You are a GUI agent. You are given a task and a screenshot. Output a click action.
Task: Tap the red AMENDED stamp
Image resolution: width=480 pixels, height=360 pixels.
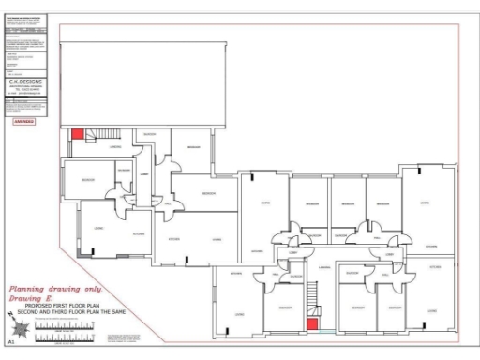tap(24, 120)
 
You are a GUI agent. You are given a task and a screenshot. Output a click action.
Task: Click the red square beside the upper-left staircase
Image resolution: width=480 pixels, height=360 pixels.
tap(78, 135)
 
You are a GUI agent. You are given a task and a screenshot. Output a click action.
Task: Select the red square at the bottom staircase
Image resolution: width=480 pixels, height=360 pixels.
tap(311, 324)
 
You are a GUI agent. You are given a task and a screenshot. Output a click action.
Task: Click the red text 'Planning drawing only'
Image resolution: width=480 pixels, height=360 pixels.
tap(54, 290)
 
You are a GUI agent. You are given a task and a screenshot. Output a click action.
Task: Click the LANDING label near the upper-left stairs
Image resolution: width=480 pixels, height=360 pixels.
tap(116, 147)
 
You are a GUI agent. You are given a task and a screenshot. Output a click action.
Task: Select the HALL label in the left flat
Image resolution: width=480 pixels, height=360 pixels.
tap(167, 203)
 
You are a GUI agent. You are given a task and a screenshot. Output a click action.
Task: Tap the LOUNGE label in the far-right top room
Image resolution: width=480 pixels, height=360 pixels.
tap(424, 202)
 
